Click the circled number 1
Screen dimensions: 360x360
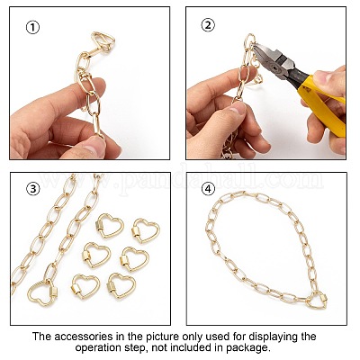point(32,28)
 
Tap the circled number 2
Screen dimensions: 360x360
point(208,25)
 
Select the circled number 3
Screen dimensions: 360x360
point(33,189)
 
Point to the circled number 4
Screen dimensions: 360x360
point(208,189)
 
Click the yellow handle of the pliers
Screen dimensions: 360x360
point(321,105)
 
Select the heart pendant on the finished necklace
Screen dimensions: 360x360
point(317,301)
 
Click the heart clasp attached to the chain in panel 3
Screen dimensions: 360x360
point(42,292)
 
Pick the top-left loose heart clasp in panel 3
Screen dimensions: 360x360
point(109,225)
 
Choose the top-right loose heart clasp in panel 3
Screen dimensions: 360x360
point(146,230)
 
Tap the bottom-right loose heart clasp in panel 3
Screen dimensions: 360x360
point(121,285)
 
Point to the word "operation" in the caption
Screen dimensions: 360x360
point(96,348)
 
